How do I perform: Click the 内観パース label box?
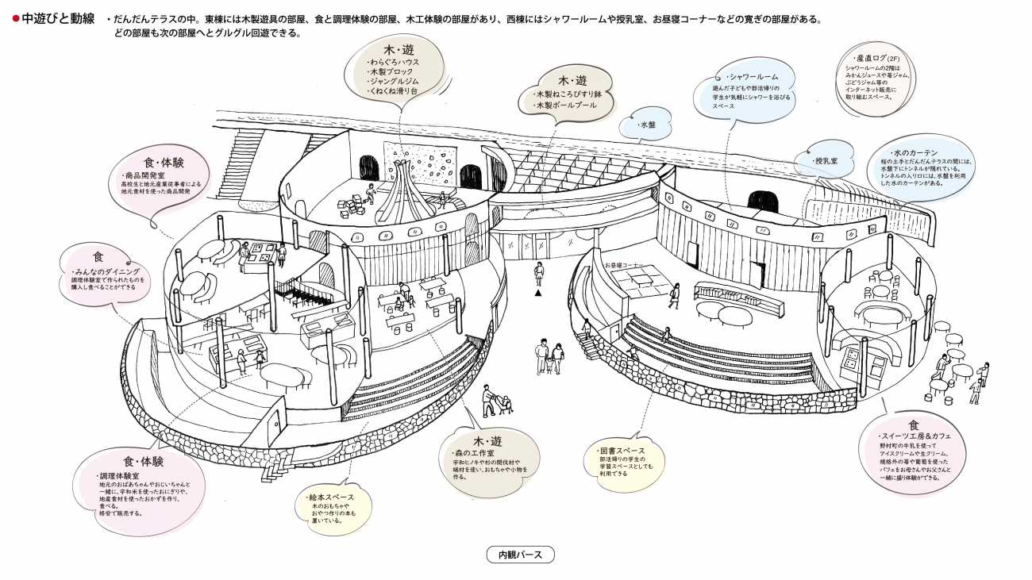pyautogui.click(x=520, y=555)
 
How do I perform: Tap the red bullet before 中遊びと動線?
pyautogui.click(x=15, y=17)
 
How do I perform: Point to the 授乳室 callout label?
pyautogui.click(x=830, y=161)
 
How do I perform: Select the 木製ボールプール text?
pyautogui.click(x=566, y=104)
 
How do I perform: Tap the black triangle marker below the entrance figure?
pyautogui.click(x=538, y=293)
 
